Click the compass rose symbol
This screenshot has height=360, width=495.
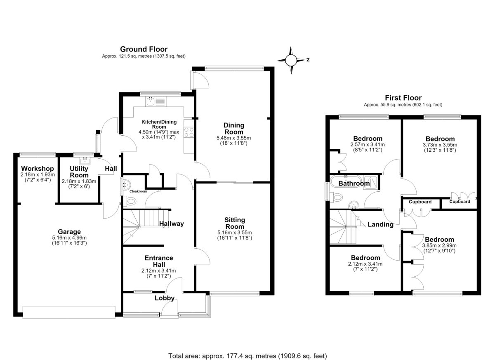point(291,60)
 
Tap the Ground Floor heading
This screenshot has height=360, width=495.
point(144,49)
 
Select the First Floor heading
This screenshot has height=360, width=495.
point(403,98)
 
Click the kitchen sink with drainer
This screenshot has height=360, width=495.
point(156,101)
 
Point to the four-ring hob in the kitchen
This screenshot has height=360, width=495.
point(189,132)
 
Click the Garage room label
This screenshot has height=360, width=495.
point(69,232)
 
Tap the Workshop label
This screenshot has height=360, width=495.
point(38,169)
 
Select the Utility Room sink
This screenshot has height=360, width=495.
point(85,160)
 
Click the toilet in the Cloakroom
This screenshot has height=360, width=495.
point(130,201)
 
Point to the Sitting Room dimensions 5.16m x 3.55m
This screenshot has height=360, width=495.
point(235,233)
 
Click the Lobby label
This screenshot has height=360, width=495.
point(165,298)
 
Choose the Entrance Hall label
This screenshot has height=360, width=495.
point(159,261)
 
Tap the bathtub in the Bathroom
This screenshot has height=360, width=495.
point(346,182)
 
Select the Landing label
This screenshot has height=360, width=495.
point(380,224)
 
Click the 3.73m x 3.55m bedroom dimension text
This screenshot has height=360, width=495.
point(440,145)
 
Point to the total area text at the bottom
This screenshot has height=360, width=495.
point(247,350)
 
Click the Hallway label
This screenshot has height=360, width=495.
point(172,224)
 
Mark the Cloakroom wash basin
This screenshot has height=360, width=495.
point(127,184)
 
